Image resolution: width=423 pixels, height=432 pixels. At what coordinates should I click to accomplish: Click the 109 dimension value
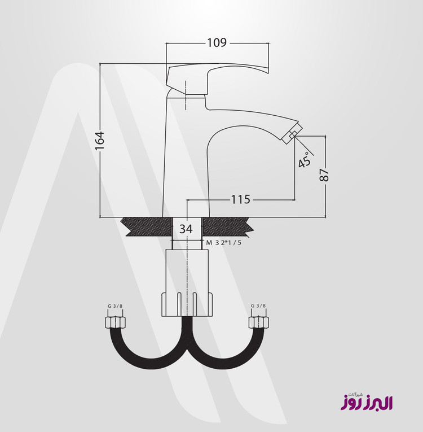pos(217,43)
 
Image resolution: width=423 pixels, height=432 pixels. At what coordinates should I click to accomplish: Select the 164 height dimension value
pos(100,141)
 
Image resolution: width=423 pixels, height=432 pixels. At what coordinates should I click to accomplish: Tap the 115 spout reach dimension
pos(240,199)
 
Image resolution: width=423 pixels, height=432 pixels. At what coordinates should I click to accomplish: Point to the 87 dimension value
pos(324,175)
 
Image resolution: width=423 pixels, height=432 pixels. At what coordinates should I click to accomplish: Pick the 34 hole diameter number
pos(186,229)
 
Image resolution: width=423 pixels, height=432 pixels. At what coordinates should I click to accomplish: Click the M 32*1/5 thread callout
pos(224,243)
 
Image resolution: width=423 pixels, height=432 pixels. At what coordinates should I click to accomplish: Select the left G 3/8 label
pos(115,306)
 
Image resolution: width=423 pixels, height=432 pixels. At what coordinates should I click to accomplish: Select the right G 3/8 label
pos(258,306)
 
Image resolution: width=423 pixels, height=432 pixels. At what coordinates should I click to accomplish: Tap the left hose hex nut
pos(115,322)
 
